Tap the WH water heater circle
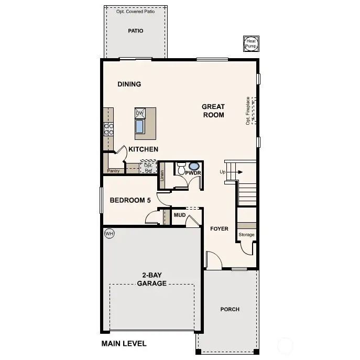(x=109, y=234)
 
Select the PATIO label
(x=136, y=31)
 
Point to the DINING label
(x=129, y=84)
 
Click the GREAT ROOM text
(x=213, y=111)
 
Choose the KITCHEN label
(x=143, y=149)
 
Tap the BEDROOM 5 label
(x=130, y=200)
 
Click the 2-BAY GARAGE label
(x=151, y=279)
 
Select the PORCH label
(x=230, y=309)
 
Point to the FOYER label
(x=219, y=228)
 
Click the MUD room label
(x=180, y=215)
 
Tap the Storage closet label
(x=246, y=235)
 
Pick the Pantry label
(x=113, y=171)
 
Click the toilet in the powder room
(x=181, y=168)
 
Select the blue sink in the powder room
(x=193, y=166)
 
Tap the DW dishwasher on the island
(x=139, y=113)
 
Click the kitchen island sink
(x=140, y=127)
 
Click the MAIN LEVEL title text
(x=124, y=344)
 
